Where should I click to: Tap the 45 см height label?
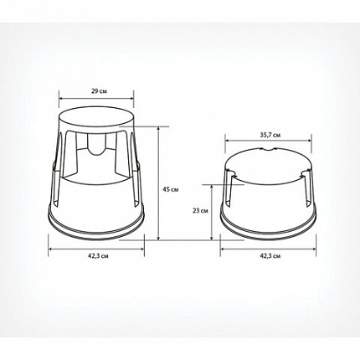[171, 189]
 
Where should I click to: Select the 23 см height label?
[200, 211]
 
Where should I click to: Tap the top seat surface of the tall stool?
[96, 116]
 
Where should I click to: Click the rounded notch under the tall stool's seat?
[96, 144]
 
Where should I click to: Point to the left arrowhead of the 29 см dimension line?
[61, 98]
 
